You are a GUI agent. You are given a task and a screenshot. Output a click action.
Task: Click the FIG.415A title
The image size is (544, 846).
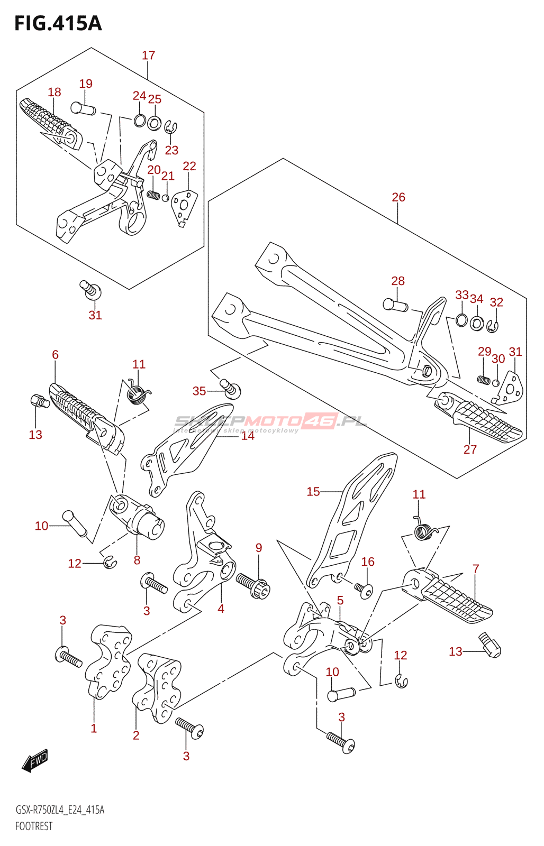click(58, 24)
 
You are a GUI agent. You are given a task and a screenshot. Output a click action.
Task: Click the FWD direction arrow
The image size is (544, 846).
click(35, 760)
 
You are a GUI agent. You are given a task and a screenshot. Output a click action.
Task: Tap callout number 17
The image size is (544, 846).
click(148, 55)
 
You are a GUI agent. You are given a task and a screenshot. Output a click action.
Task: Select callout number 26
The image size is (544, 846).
click(398, 197)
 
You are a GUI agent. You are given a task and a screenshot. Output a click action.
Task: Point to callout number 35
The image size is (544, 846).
click(199, 391)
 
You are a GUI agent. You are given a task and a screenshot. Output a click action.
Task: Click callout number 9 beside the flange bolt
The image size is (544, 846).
click(258, 548)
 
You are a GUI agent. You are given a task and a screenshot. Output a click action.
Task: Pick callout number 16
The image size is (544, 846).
click(368, 562)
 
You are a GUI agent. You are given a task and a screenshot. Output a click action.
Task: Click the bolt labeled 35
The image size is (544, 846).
click(230, 389)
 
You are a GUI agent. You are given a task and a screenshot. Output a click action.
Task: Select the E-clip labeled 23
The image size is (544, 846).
click(170, 128)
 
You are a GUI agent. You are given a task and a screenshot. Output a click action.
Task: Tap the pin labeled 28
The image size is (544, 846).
click(395, 305)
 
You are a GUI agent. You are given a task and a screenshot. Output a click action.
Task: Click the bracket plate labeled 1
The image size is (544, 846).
click(108, 661)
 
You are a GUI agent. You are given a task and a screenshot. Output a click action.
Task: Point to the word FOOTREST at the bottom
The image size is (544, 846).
click(34, 826)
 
